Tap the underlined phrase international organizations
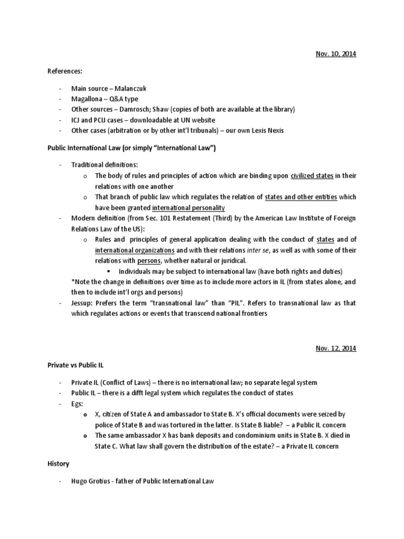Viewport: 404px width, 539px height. point(135,250)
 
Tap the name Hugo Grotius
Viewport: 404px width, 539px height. point(92,481)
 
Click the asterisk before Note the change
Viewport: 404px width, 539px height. point(73,282)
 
